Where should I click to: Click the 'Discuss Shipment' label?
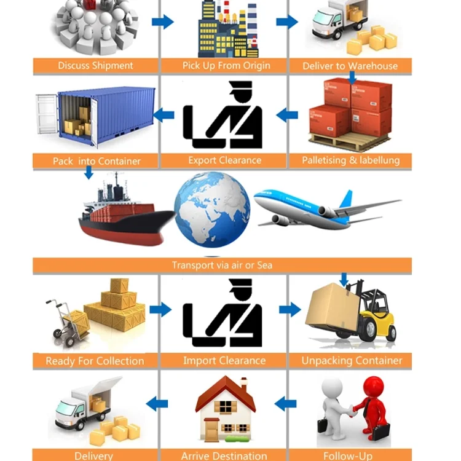(x=95, y=66)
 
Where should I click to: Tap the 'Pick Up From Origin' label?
(x=226, y=66)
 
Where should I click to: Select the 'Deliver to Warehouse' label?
(x=350, y=66)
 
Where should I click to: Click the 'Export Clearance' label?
(x=224, y=160)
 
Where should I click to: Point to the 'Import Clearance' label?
(x=224, y=361)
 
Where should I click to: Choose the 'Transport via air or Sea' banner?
(x=222, y=266)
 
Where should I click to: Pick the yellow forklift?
(x=369, y=313)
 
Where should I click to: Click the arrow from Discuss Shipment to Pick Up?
(x=162, y=22)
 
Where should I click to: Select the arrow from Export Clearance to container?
(x=163, y=114)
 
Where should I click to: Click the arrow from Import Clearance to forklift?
(x=290, y=309)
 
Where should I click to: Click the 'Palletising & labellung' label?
(x=350, y=160)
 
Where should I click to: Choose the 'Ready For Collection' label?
(x=95, y=361)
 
